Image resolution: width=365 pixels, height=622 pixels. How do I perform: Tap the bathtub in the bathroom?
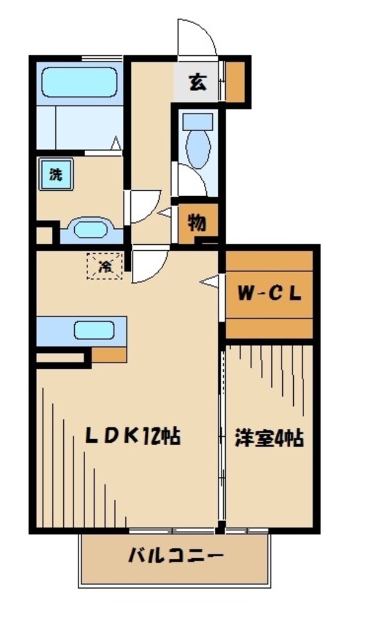coord(79,83)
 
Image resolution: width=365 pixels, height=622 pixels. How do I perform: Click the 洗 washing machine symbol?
coord(55,175)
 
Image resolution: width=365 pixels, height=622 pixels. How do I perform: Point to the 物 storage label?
coord(196,223)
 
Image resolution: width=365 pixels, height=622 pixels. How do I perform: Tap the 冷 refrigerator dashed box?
coord(105,265)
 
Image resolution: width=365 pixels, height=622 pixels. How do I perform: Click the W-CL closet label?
coord(269,294)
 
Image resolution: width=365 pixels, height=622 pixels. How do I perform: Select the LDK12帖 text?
coord(133,436)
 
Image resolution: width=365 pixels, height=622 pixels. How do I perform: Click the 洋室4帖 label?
coord(269,438)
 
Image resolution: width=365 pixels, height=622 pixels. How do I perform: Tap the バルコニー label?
coord(175,555)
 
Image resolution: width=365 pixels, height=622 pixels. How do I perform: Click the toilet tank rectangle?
coord(197,120)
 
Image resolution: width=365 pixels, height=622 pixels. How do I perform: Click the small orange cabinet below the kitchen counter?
coord(109,354)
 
